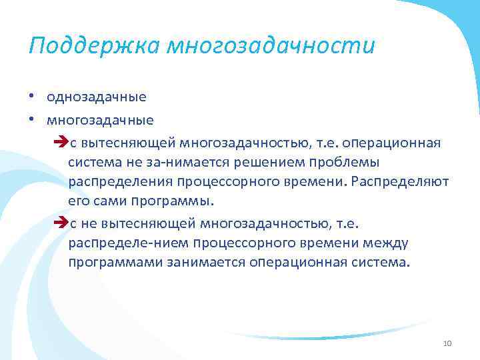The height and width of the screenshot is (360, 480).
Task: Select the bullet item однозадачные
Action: [x=96, y=97]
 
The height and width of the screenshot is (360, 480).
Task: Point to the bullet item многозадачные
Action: [x=100, y=121]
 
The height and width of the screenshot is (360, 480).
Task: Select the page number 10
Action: [x=447, y=343]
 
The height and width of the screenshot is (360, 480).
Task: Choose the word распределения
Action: [x=119, y=181]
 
